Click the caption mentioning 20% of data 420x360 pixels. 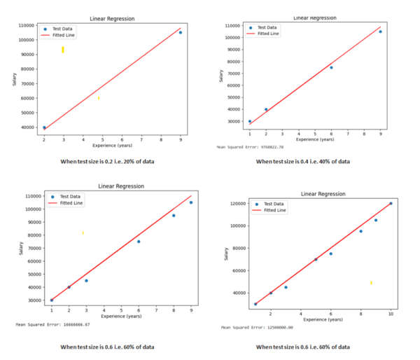pos(107,162)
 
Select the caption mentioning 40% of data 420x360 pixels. pos(302,162)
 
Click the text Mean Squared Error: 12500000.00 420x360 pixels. pos(257,327)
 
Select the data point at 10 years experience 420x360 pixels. pos(391,204)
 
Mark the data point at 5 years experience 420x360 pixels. pos(316,259)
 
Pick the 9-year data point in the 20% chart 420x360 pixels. pos(181,32)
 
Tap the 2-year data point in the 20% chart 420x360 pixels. pos(44,127)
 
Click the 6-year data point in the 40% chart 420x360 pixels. pos(331,67)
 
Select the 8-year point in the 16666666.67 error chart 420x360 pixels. pos(174,215)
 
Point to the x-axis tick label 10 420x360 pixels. pos(391,314)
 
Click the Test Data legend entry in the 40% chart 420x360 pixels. pos(267,28)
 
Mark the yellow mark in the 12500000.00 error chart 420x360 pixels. pos(371,282)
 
